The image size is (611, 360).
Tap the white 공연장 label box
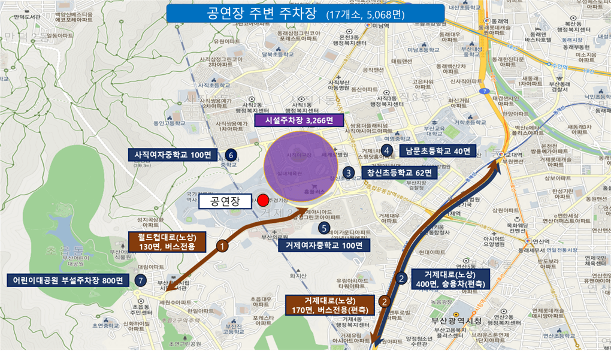(x=224, y=201)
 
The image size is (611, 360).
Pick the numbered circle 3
(x=349, y=173)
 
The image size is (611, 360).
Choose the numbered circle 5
(x=323, y=228)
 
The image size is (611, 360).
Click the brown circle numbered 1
(x=222, y=246)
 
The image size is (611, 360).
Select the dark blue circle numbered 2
(x=401, y=277)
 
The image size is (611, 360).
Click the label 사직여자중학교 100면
(x=173, y=155)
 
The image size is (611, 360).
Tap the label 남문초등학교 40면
(x=438, y=150)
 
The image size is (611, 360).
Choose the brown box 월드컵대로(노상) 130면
(x=167, y=242)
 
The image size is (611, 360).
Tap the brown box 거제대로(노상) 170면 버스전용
(x=329, y=305)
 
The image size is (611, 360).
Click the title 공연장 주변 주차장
(x=305, y=13)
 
